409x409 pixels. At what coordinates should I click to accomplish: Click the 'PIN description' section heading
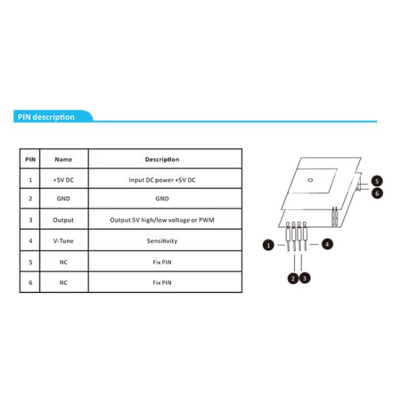[x=46, y=117]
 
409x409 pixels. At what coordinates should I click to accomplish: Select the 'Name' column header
[x=63, y=160]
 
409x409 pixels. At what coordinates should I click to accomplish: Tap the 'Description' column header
[x=162, y=160]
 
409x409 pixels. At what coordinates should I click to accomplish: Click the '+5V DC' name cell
[x=63, y=180]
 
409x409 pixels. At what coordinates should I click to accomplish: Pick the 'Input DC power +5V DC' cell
[x=162, y=180]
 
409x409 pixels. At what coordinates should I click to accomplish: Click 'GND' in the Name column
[x=63, y=198]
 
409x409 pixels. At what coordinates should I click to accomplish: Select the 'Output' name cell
[x=63, y=220]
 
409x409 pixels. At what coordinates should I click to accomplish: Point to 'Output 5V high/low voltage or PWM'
[x=162, y=220]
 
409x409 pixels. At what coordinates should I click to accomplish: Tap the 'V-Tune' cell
[x=63, y=241]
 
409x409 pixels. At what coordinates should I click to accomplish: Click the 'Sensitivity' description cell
[x=162, y=241]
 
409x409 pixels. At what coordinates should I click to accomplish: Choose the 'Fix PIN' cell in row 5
[x=162, y=262]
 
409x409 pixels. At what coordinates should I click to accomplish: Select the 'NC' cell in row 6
[x=63, y=282]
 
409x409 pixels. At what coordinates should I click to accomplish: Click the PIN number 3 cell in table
[x=31, y=220]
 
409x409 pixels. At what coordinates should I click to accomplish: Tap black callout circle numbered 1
[x=269, y=245]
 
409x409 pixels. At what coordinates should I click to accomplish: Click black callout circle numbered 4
[x=327, y=244]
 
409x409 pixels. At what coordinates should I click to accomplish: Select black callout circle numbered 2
[x=293, y=279]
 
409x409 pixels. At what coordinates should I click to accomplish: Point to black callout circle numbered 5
[x=377, y=181]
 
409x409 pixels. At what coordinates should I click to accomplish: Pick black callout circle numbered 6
[x=377, y=194]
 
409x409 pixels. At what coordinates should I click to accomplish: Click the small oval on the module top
[x=310, y=180]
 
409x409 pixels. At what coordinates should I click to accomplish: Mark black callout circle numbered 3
[x=305, y=279]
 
